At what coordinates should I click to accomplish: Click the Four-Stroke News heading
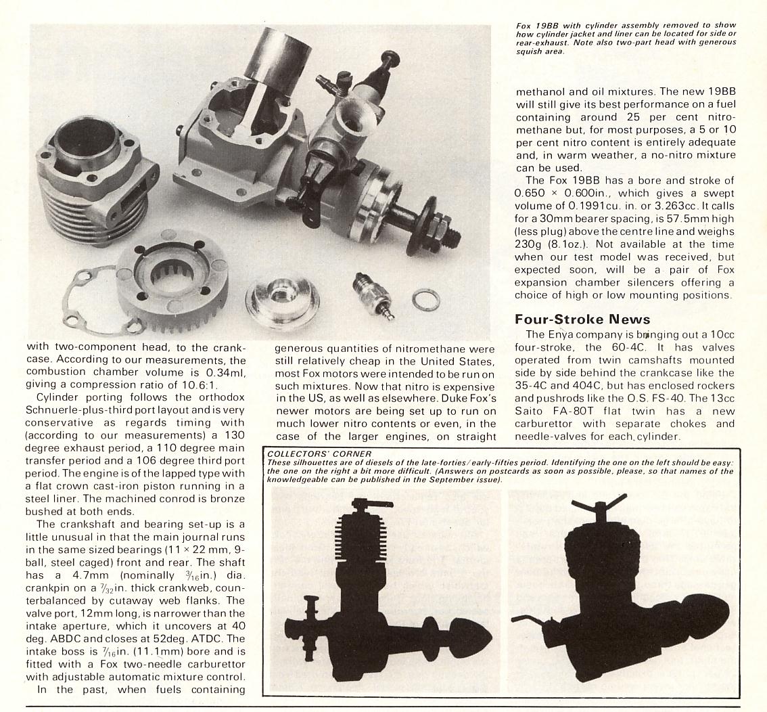[x=582, y=319]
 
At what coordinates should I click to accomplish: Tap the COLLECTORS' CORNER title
[x=319, y=454]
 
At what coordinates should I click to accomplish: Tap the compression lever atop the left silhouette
[x=362, y=505]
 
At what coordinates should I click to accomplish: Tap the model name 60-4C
[x=627, y=347]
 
